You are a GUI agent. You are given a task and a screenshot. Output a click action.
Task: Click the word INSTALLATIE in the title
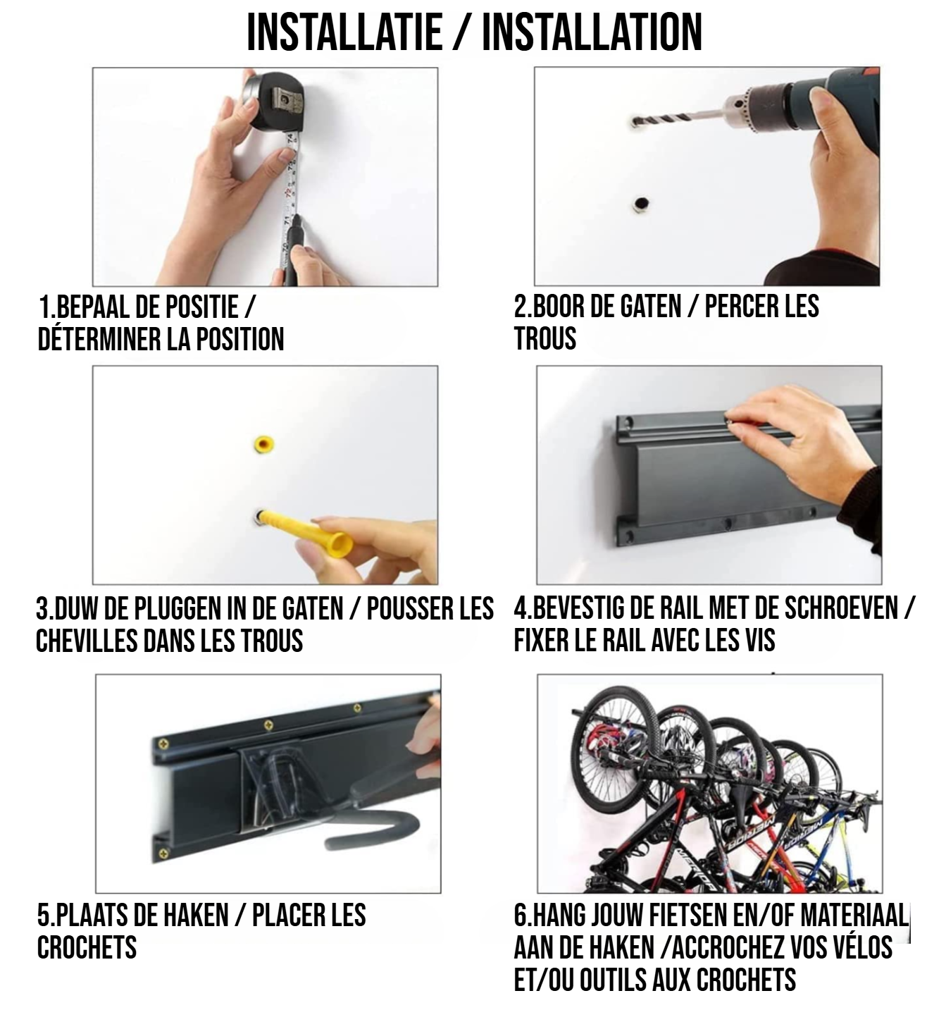344,32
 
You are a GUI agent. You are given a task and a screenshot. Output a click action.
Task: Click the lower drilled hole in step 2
640,204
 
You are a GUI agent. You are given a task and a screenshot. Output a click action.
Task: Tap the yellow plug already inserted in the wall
263,445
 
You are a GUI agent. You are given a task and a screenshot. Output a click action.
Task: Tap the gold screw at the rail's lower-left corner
166,854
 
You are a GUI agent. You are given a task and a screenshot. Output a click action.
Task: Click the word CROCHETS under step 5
87,947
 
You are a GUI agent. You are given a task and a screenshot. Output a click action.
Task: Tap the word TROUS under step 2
545,338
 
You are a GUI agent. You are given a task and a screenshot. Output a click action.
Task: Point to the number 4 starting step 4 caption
520,609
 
